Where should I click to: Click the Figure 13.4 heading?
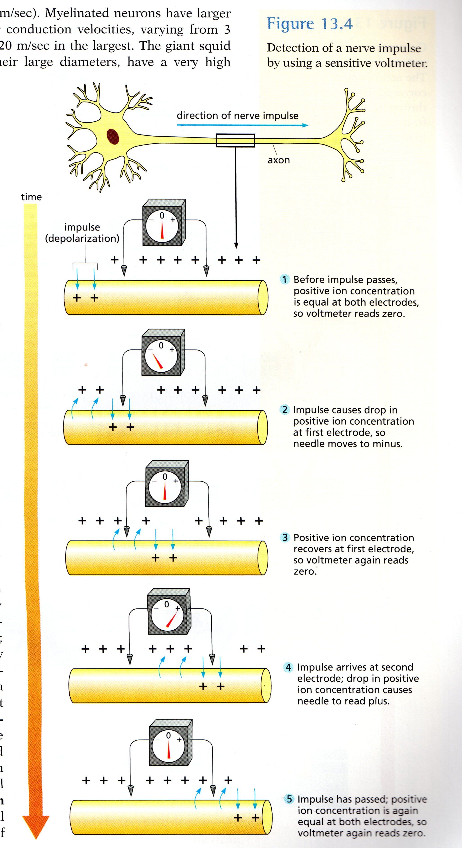point(309,24)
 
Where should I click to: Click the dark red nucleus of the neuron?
point(113,136)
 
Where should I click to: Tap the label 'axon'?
point(278,160)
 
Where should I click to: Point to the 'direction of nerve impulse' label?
point(237,116)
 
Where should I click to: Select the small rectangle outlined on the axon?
point(235,140)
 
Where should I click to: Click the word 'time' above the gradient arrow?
point(31,197)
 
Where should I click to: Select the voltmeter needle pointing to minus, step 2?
point(157,361)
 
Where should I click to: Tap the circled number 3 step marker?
point(285,537)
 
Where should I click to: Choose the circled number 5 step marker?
point(289,799)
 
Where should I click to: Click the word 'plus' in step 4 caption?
point(378,701)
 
